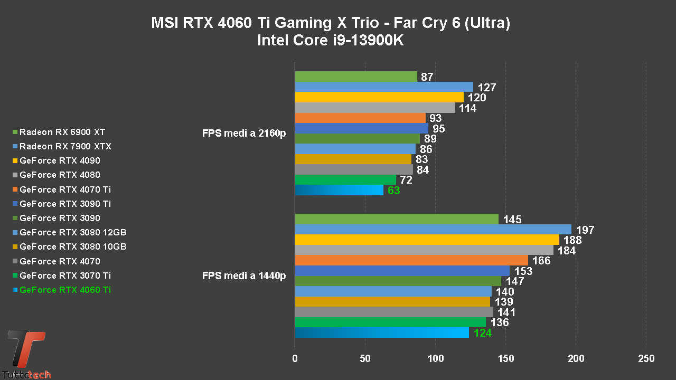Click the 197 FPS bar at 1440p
(x=433, y=230)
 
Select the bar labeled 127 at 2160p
(x=384, y=87)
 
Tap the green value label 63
(x=394, y=191)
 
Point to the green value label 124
(x=483, y=333)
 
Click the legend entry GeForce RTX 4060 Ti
(x=65, y=290)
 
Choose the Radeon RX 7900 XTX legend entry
(x=65, y=146)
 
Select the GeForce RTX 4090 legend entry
(x=60, y=160)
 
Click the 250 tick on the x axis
(x=646, y=359)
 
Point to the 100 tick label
(x=436, y=359)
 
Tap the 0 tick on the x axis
(x=295, y=359)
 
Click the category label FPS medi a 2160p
(x=244, y=134)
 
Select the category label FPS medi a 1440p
(x=244, y=276)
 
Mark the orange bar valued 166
(x=411, y=260)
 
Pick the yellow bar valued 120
(x=379, y=97)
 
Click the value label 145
(x=513, y=220)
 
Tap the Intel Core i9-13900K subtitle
(x=330, y=41)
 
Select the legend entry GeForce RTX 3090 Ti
(x=65, y=204)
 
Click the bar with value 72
(x=345, y=180)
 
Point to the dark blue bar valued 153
(x=402, y=271)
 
